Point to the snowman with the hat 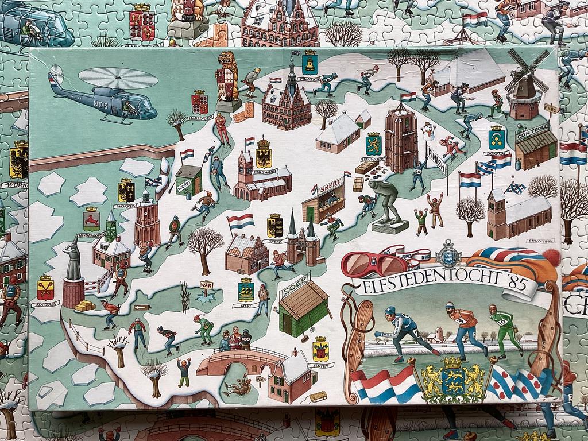click(x=428, y=131)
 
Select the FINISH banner click(x=436, y=157)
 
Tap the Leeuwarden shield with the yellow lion click(x=373, y=144)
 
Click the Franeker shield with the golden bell click(x=310, y=61)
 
